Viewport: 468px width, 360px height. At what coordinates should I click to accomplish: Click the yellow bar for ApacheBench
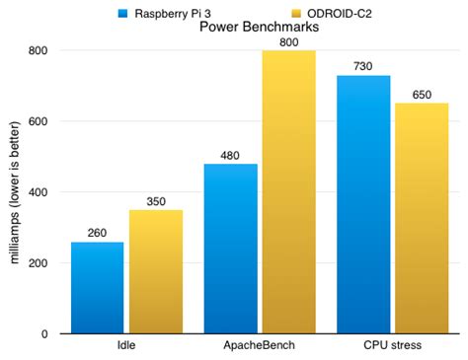pyautogui.click(x=287, y=192)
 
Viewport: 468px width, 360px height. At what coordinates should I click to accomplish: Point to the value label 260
pyautogui.click(x=98, y=233)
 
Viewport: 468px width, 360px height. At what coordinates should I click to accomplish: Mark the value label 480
pyautogui.click(x=231, y=154)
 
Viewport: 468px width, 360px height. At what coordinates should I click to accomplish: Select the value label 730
pyautogui.click(x=363, y=65)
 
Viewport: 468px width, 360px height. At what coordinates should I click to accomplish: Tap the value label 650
pyautogui.click(x=421, y=94)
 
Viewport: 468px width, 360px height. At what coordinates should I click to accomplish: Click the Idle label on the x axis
pyautogui.click(x=125, y=347)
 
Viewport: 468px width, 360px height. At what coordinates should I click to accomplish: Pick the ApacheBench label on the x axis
pyautogui.click(x=259, y=347)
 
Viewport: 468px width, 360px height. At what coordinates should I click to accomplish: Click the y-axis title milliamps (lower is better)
pyautogui.click(x=12, y=192)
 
